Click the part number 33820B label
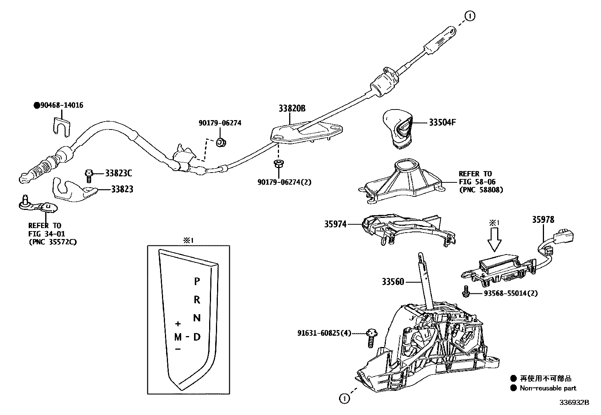pyautogui.click(x=292, y=108)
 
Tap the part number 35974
pyautogui.click(x=335, y=224)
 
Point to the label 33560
pyautogui.click(x=393, y=282)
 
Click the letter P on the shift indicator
pyautogui.click(x=197, y=281)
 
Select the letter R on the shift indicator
pyautogui.click(x=197, y=300)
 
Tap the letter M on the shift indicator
pyautogui.click(x=178, y=337)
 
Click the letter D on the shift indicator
pyautogui.click(x=197, y=336)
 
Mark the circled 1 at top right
pyautogui.click(x=470, y=16)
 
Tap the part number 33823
pyautogui.click(x=122, y=190)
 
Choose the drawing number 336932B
pyautogui.click(x=574, y=403)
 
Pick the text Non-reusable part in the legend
pyautogui.click(x=548, y=388)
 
